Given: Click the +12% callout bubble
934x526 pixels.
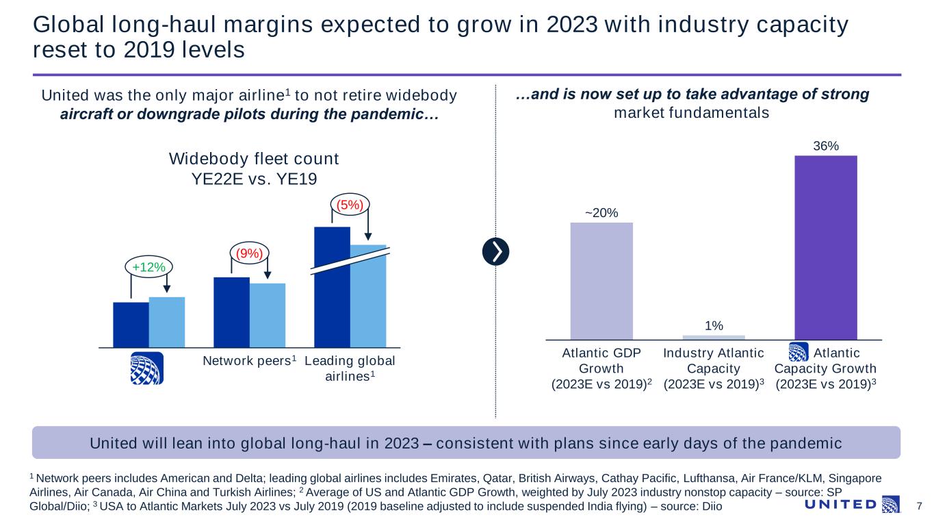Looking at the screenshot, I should [x=149, y=266].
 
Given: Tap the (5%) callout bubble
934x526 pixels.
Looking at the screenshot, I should [x=350, y=203].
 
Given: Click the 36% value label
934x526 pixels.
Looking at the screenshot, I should [x=825, y=146].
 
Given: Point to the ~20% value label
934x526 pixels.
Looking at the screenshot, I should [x=601, y=213].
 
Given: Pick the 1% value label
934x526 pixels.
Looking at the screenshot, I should [x=714, y=325].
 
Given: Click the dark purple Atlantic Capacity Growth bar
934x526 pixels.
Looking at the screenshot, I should [x=825, y=247].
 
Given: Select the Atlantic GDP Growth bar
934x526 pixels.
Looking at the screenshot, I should [x=601, y=280].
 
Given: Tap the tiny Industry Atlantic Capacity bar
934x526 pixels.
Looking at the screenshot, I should [x=714, y=337].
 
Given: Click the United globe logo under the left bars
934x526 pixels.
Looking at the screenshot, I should [x=146, y=369].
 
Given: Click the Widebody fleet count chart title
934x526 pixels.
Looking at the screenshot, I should [x=254, y=168].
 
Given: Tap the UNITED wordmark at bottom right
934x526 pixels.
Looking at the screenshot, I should [x=842, y=505].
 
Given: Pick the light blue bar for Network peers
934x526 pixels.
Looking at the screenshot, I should [x=268, y=315].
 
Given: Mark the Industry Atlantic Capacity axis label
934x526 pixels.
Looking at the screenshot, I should [x=714, y=368].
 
